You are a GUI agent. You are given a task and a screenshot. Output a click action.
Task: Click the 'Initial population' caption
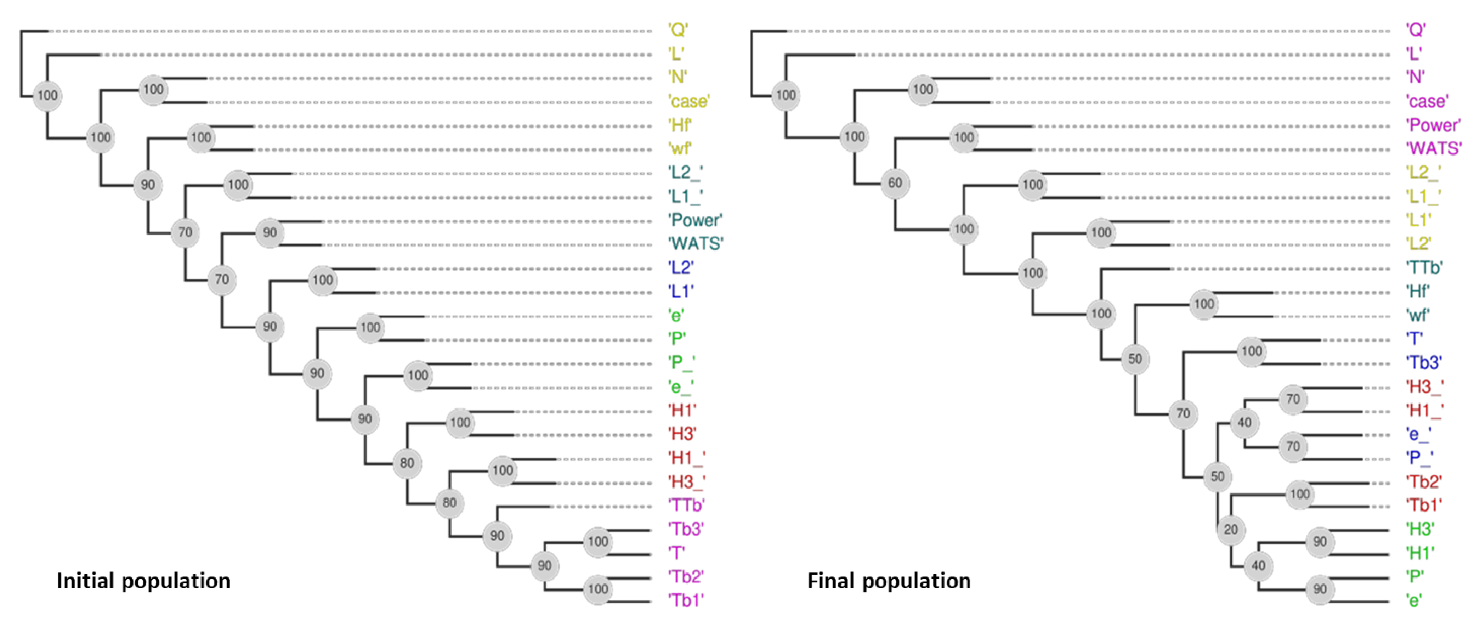click(x=144, y=581)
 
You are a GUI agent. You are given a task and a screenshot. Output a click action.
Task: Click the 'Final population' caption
click(x=889, y=581)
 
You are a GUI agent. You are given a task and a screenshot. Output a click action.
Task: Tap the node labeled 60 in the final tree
click(x=895, y=183)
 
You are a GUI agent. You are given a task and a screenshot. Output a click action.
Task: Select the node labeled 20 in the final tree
click(x=1231, y=530)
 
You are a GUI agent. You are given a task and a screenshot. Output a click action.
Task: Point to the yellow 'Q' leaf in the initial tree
click(x=677, y=29)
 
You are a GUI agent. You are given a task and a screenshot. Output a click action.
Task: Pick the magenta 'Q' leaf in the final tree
click(x=1416, y=29)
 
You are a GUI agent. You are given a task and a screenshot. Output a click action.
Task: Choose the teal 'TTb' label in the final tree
click(x=1424, y=267)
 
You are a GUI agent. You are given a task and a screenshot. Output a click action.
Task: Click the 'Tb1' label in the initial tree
click(x=685, y=600)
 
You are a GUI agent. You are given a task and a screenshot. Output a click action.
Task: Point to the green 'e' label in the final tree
click(x=1414, y=601)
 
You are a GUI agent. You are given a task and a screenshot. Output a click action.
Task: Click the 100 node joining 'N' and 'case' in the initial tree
click(x=153, y=90)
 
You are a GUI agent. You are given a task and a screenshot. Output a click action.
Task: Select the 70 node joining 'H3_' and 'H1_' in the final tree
click(x=1293, y=399)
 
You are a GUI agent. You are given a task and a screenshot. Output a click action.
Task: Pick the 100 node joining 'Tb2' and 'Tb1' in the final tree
click(x=1300, y=494)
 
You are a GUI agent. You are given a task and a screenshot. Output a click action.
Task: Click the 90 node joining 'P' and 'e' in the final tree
click(x=1320, y=589)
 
